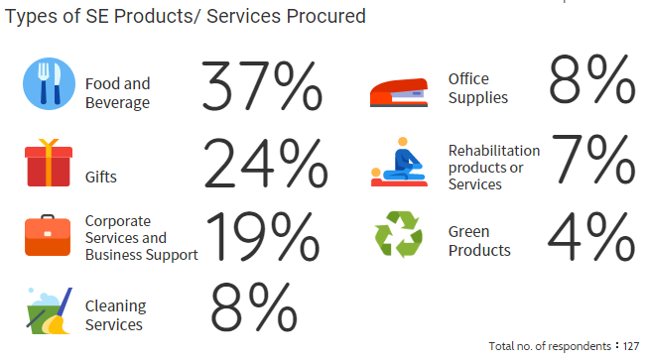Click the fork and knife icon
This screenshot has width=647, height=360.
(49, 84)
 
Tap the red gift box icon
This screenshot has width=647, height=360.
(49, 163)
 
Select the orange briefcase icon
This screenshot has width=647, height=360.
(49, 236)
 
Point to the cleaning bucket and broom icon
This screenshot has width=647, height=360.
(49, 309)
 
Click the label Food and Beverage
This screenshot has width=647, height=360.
(117, 93)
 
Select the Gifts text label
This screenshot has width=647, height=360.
(100, 178)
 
